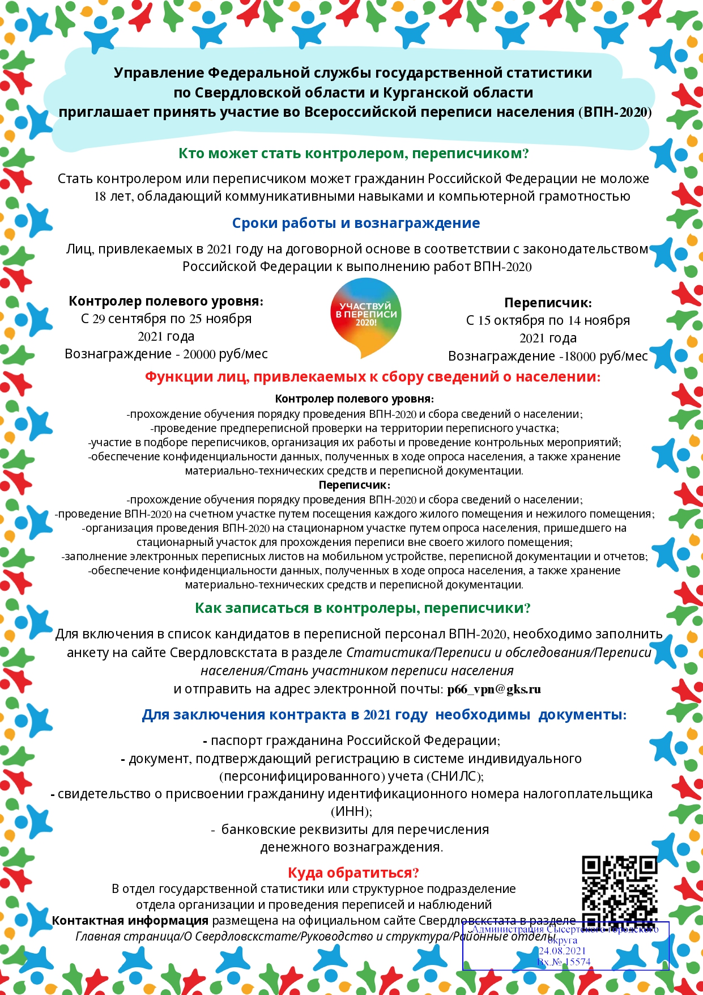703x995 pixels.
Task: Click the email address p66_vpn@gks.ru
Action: (x=493, y=689)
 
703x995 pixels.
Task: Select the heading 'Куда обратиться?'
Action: (x=353, y=873)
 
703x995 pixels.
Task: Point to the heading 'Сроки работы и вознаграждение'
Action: (x=356, y=223)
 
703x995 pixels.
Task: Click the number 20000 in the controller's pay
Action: (x=199, y=354)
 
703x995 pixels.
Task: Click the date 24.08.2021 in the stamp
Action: (x=562, y=951)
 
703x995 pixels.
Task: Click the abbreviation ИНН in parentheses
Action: (x=351, y=812)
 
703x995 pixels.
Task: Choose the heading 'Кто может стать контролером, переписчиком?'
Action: (x=353, y=153)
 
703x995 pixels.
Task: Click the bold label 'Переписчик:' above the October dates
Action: (x=548, y=303)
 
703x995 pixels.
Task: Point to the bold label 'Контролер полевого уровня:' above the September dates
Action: (x=166, y=301)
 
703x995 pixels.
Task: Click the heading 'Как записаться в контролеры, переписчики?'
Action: (x=363, y=608)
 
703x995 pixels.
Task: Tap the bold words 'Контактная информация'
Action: (x=130, y=920)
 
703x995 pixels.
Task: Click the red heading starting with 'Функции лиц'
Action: (x=372, y=376)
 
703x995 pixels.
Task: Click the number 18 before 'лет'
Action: (x=100, y=197)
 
